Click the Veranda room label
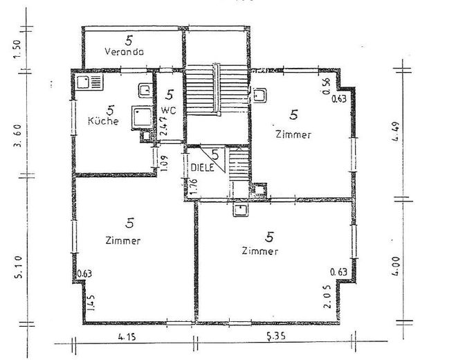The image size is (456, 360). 124,52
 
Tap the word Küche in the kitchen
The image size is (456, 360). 104,120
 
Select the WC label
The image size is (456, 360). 169,110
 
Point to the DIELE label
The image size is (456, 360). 202,168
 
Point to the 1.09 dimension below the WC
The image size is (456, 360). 163,163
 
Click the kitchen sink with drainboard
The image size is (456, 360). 88,84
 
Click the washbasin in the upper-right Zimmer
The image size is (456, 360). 261,95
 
